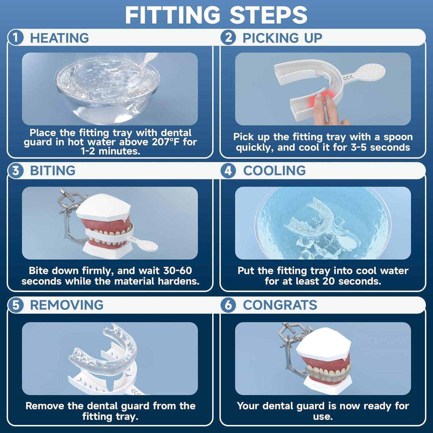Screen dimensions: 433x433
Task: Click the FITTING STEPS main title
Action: (x=216, y=15)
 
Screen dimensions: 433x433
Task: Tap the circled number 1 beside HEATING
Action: (x=15, y=38)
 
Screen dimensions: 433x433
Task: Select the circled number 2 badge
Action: (x=228, y=38)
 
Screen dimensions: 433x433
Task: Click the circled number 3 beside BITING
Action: (x=15, y=170)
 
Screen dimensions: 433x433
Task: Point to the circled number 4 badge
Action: (x=228, y=170)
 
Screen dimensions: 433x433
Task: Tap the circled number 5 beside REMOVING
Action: (x=15, y=305)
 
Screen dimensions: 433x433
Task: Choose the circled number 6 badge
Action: (x=228, y=305)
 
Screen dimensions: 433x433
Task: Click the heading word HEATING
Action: (x=60, y=38)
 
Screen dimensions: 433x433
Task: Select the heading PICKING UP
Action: (x=282, y=38)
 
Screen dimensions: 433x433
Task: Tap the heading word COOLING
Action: (x=274, y=171)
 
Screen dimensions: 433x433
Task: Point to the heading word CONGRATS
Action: (x=280, y=305)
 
